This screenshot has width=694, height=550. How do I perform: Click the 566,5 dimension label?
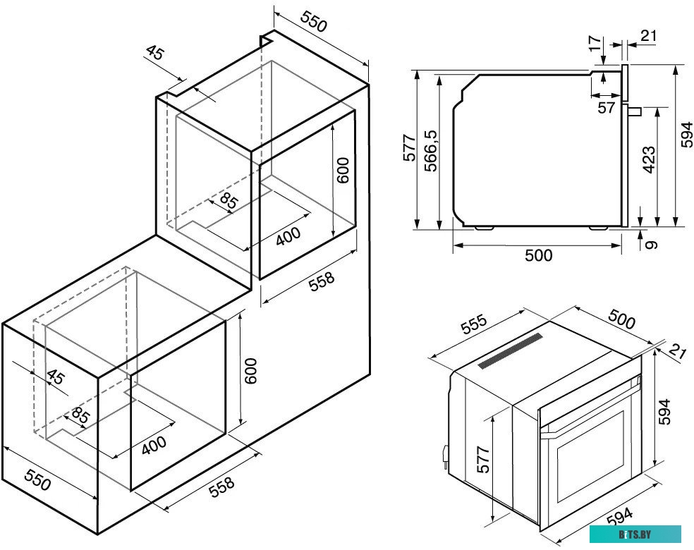(431, 150)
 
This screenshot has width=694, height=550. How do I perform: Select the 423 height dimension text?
(648, 160)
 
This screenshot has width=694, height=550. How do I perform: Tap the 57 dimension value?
(606, 107)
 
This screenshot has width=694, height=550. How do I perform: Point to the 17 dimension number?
(596, 43)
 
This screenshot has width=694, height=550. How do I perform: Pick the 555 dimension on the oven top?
(473, 325)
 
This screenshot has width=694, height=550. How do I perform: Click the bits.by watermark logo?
(635, 534)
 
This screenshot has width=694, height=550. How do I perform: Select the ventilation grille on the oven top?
(510, 350)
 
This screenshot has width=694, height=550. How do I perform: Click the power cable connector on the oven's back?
(444, 456)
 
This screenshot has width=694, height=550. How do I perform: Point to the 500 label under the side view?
(539, 255)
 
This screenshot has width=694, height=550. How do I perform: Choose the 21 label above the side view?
(648, 35)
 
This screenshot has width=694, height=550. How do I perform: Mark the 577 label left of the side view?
(409, 147)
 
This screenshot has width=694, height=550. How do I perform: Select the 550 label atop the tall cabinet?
(314, 22)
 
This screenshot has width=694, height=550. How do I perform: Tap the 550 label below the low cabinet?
(37, 480)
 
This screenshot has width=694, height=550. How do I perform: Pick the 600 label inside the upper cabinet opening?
(343, 171)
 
